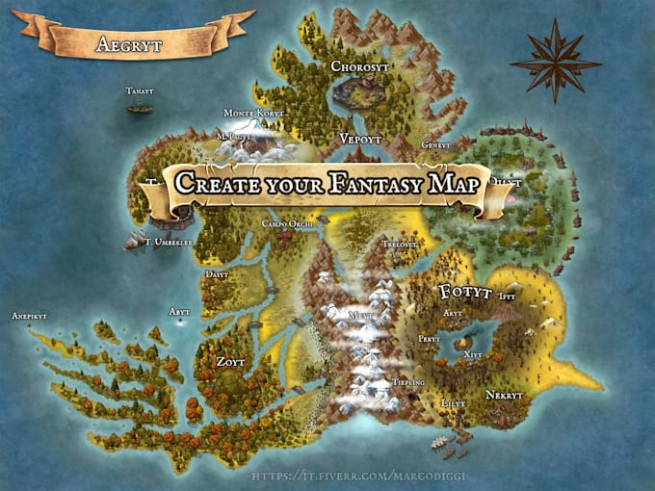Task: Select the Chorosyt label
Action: point(361,67)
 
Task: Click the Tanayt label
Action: point(140,91)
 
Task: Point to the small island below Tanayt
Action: point(140,108)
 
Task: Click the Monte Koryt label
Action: point(254,114)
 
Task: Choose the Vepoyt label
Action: point(360,140)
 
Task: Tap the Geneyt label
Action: point(435,145)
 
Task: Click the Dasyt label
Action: point(218,274)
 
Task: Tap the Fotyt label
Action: point(465,292)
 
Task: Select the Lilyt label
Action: point(452,403)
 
